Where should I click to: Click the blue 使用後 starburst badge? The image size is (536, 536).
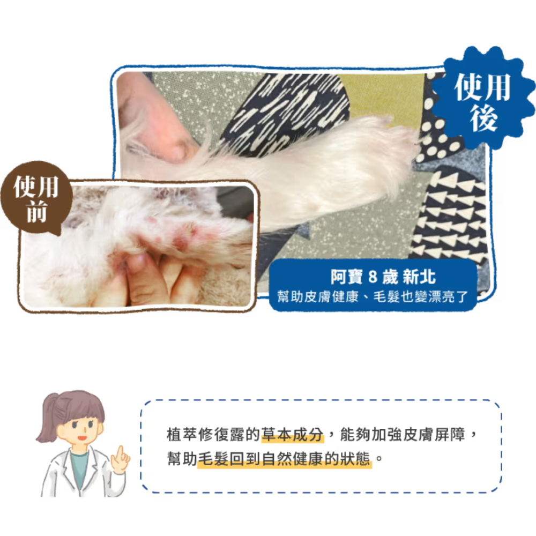(483, 97)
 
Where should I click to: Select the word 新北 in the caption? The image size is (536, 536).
(420, 278)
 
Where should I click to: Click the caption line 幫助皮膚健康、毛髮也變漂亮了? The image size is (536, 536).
(373, 296)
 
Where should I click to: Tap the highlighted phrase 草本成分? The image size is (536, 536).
(293, 435)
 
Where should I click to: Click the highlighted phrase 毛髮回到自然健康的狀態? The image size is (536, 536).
(284, 460)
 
